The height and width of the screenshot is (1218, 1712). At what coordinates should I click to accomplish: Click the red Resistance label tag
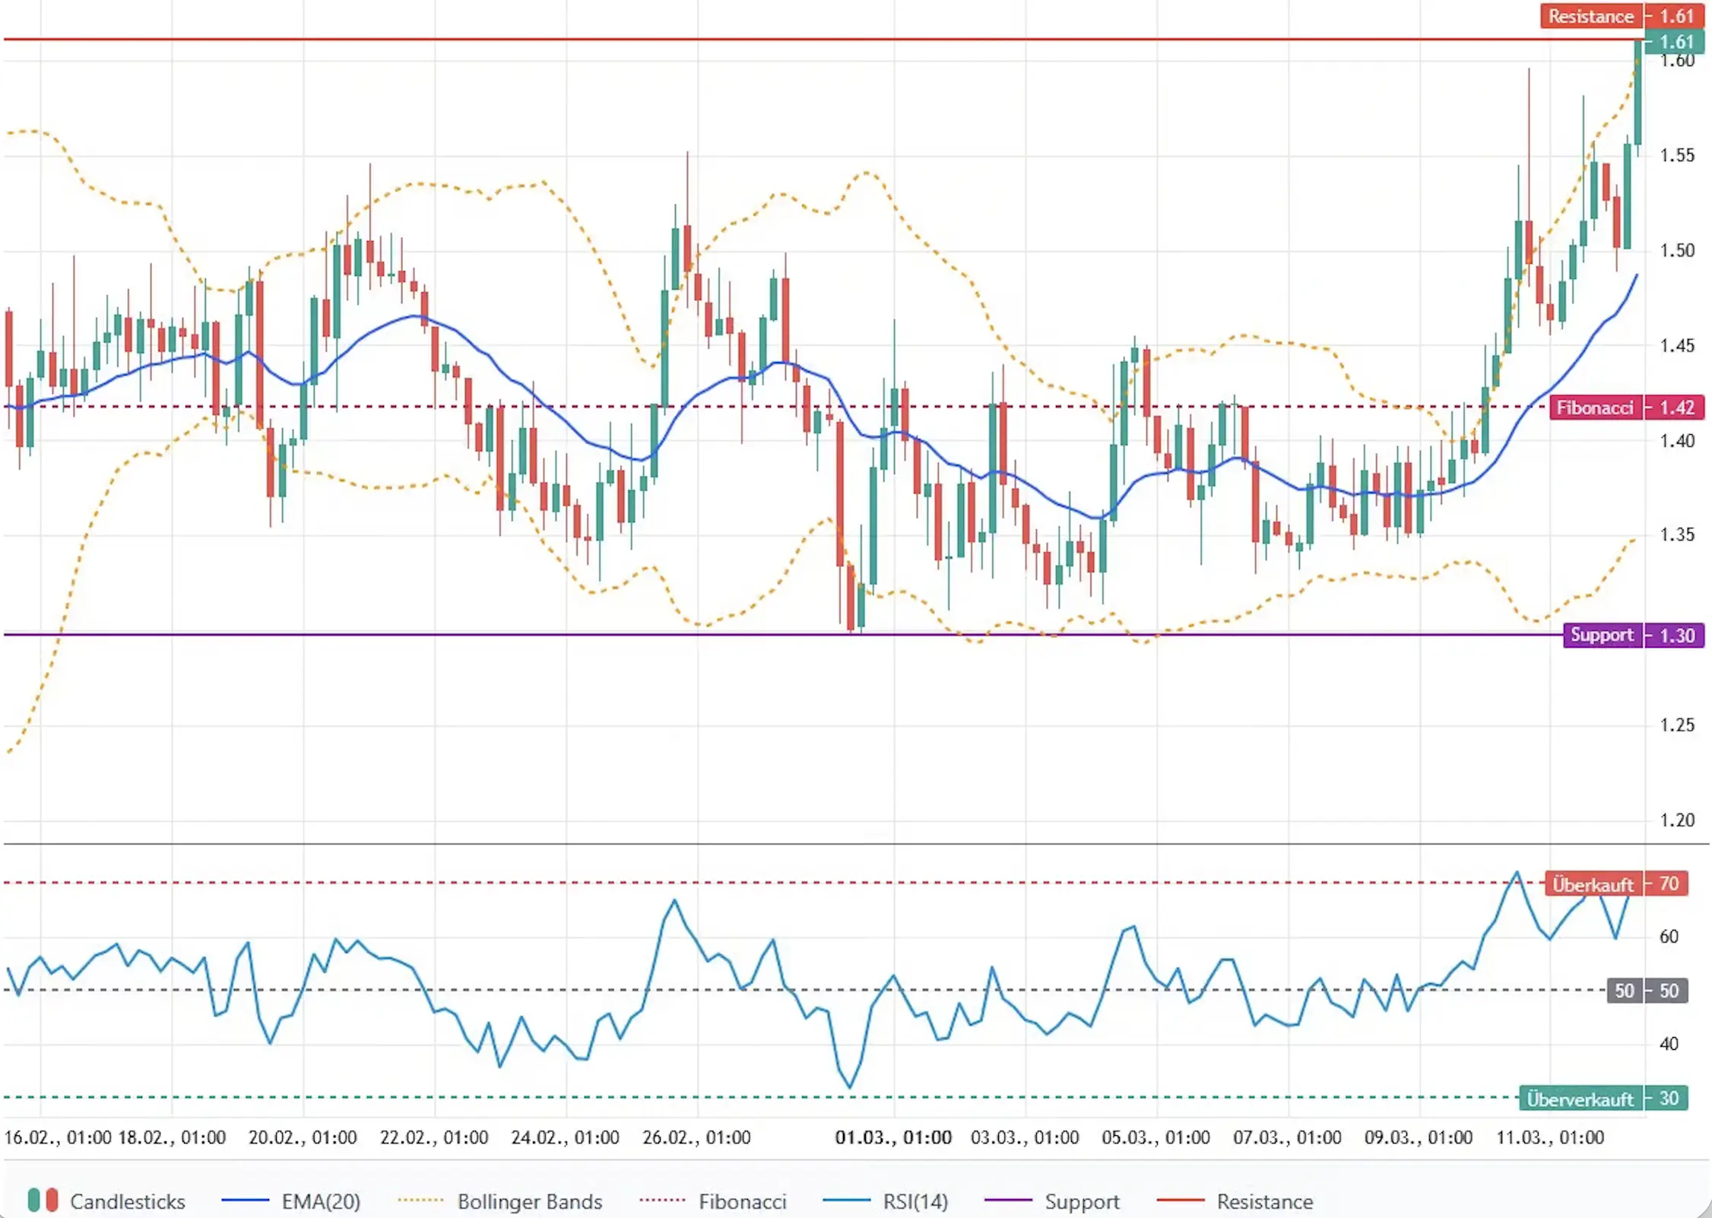coord(1590,16)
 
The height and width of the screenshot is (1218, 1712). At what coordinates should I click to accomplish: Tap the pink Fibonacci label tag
coord(1594,408)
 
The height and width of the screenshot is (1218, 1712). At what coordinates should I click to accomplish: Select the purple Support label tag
coord(1602,635)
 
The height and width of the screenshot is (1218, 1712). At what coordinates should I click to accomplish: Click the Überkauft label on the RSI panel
coord(1593,884)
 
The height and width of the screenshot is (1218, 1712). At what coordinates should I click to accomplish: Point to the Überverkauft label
coord(1580,1099)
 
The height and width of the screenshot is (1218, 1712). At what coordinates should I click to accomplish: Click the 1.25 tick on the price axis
coord(1677,725)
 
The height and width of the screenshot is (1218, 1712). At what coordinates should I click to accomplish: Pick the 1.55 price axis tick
coord(1677,155)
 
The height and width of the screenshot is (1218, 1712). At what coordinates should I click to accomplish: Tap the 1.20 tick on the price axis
coord(1677,820)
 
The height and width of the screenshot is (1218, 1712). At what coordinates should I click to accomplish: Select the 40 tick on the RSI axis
coord(1669,1044)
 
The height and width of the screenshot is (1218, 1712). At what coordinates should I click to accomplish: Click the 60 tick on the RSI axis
coord(1669,936)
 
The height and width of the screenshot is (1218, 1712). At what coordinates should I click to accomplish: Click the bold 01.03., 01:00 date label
coord(893,1137)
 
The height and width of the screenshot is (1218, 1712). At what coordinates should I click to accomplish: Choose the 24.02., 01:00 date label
coord(565,1137)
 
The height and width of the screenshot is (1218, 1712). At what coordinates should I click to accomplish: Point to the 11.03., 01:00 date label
coord(1550,1137)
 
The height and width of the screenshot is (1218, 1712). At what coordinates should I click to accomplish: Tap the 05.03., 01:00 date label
coord(1156,1137)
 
